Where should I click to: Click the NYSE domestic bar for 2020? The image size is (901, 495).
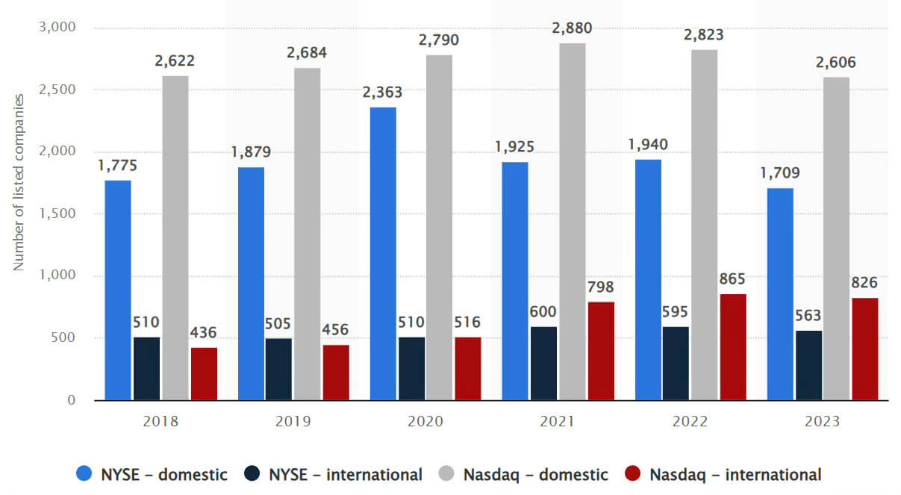point(383,254)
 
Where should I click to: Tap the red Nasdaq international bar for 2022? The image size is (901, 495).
point(732,347)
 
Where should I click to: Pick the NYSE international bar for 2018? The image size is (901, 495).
point(146,369)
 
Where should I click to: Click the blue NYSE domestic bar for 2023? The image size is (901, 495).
point(780,294)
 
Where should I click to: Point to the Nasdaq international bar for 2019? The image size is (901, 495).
point(335,373)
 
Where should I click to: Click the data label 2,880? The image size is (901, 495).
point(572,29)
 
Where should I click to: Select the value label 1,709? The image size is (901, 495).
point(780,174)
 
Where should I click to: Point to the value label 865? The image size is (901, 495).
point(732,279)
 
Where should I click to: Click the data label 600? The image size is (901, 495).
point(543,312)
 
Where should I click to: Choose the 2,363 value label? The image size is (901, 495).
point(383,93)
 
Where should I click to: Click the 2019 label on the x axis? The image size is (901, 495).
point(293,421)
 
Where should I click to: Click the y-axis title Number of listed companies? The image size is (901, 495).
point(19,182)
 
